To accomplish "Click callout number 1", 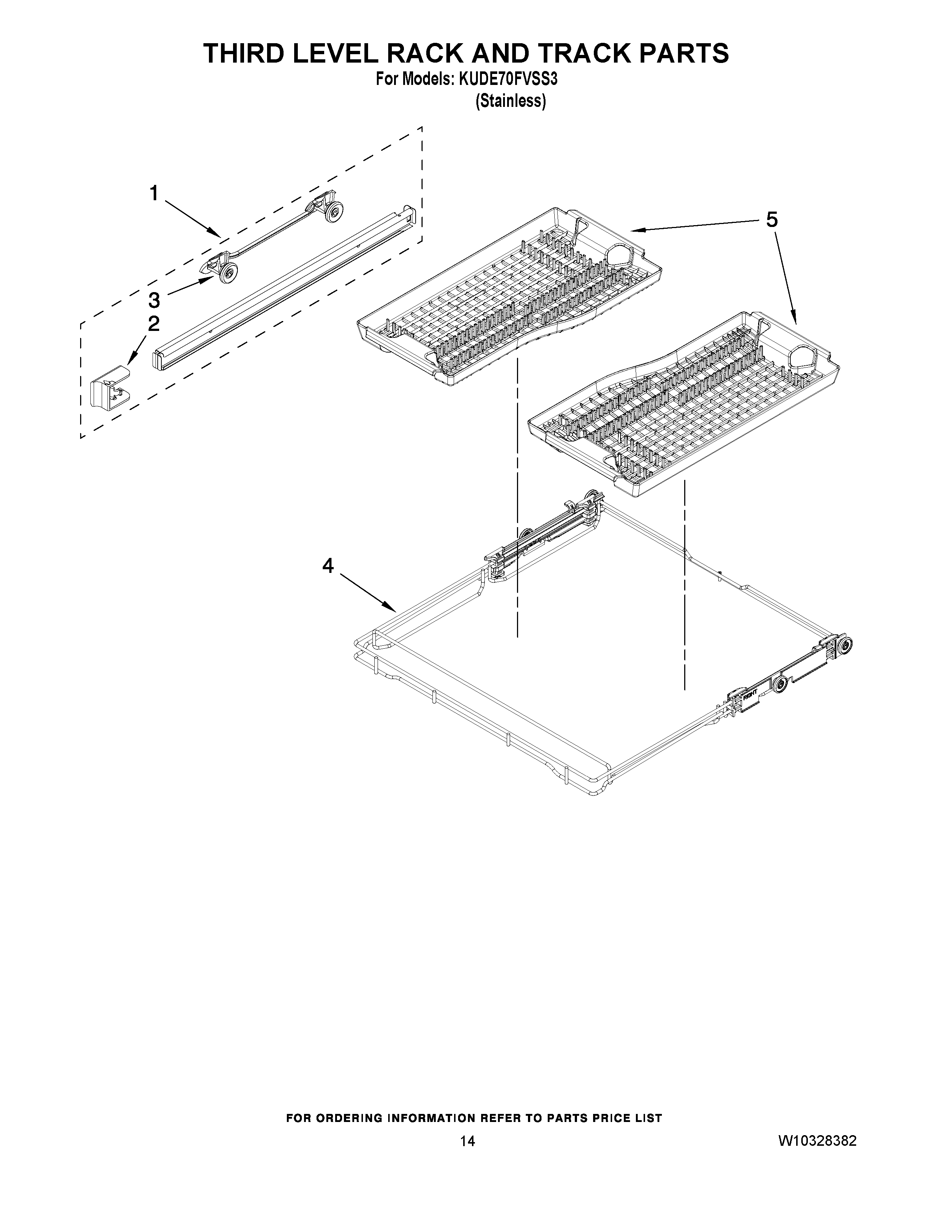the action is pyautogui.click(x=154, y=194).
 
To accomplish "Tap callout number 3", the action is pyautogui.click(x=154, y=300).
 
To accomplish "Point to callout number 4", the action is pyautogui.click(x=328, y=565).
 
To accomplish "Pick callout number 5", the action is pyautogui.click(x=772, y=220).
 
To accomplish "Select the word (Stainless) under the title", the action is pyautogui.click(x=511, y=101).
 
